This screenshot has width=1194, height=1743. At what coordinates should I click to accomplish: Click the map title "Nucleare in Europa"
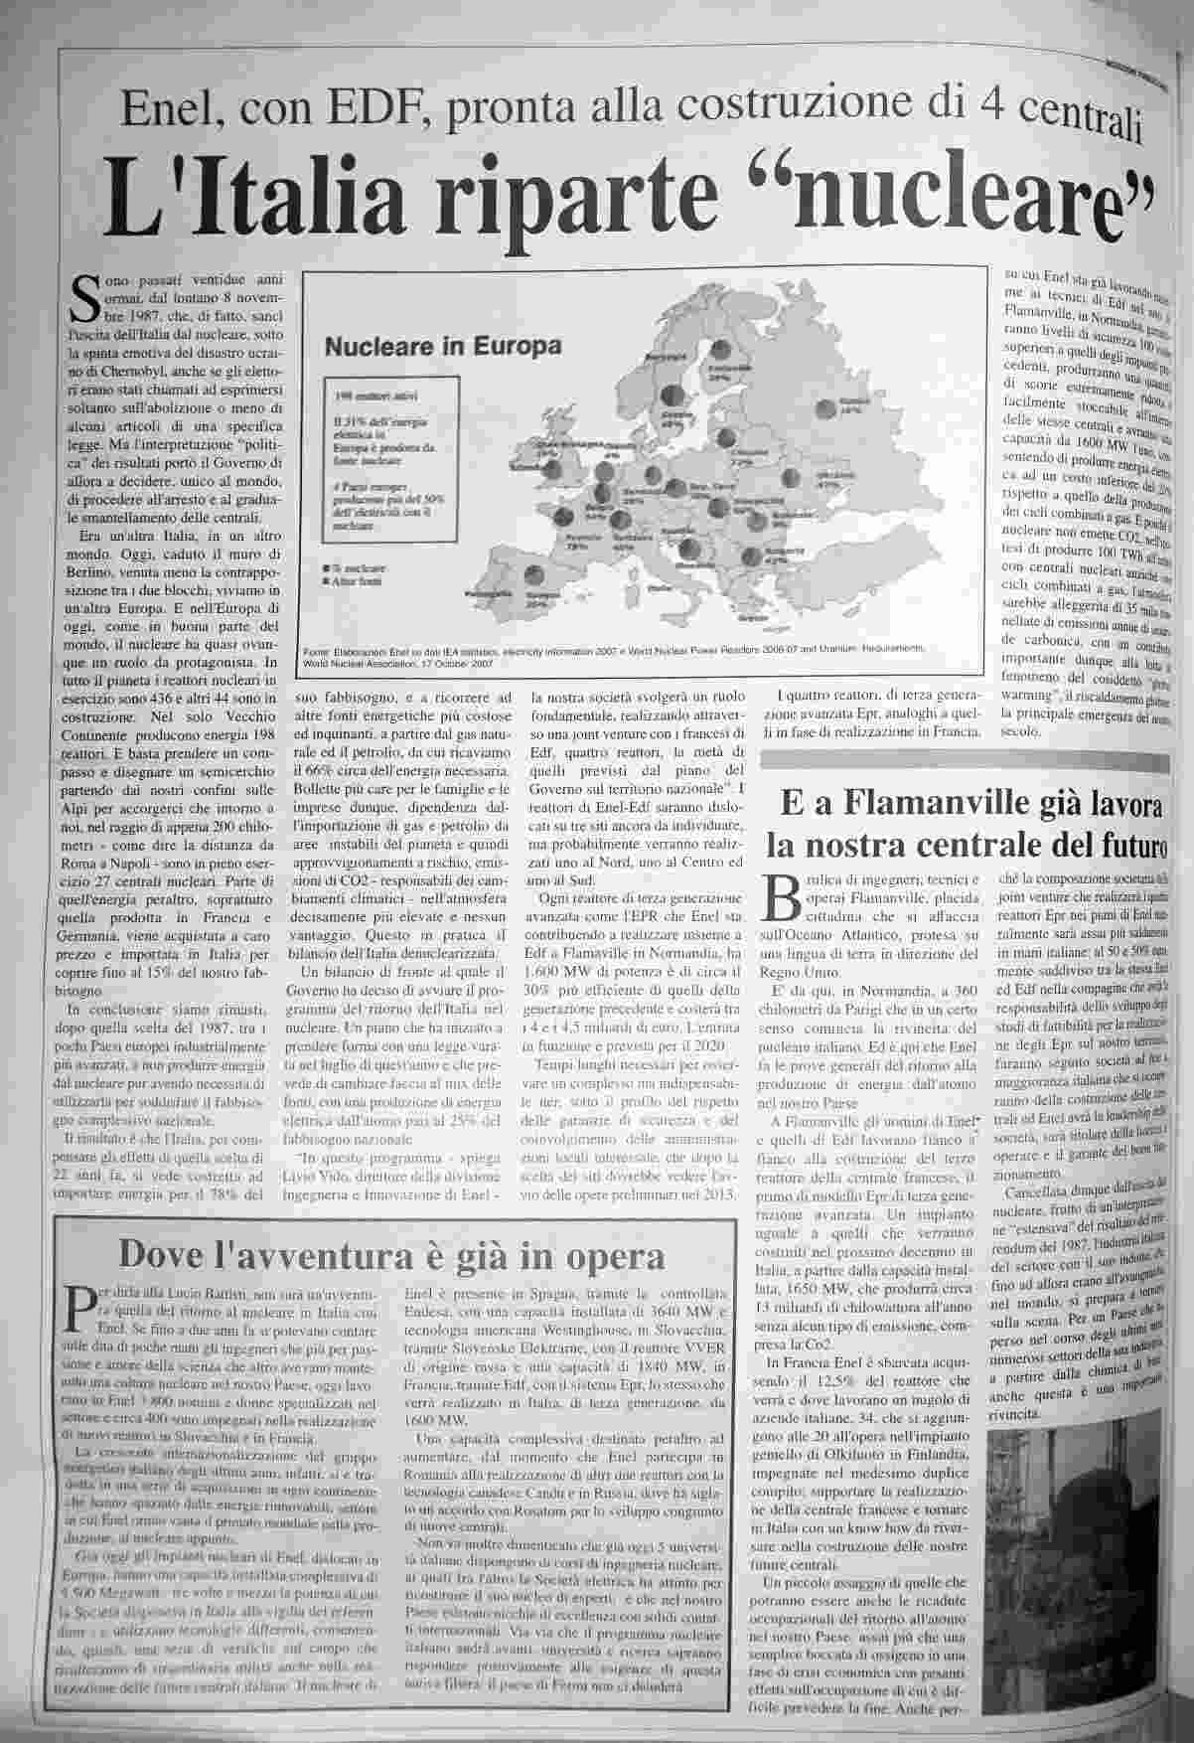(443, 348)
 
